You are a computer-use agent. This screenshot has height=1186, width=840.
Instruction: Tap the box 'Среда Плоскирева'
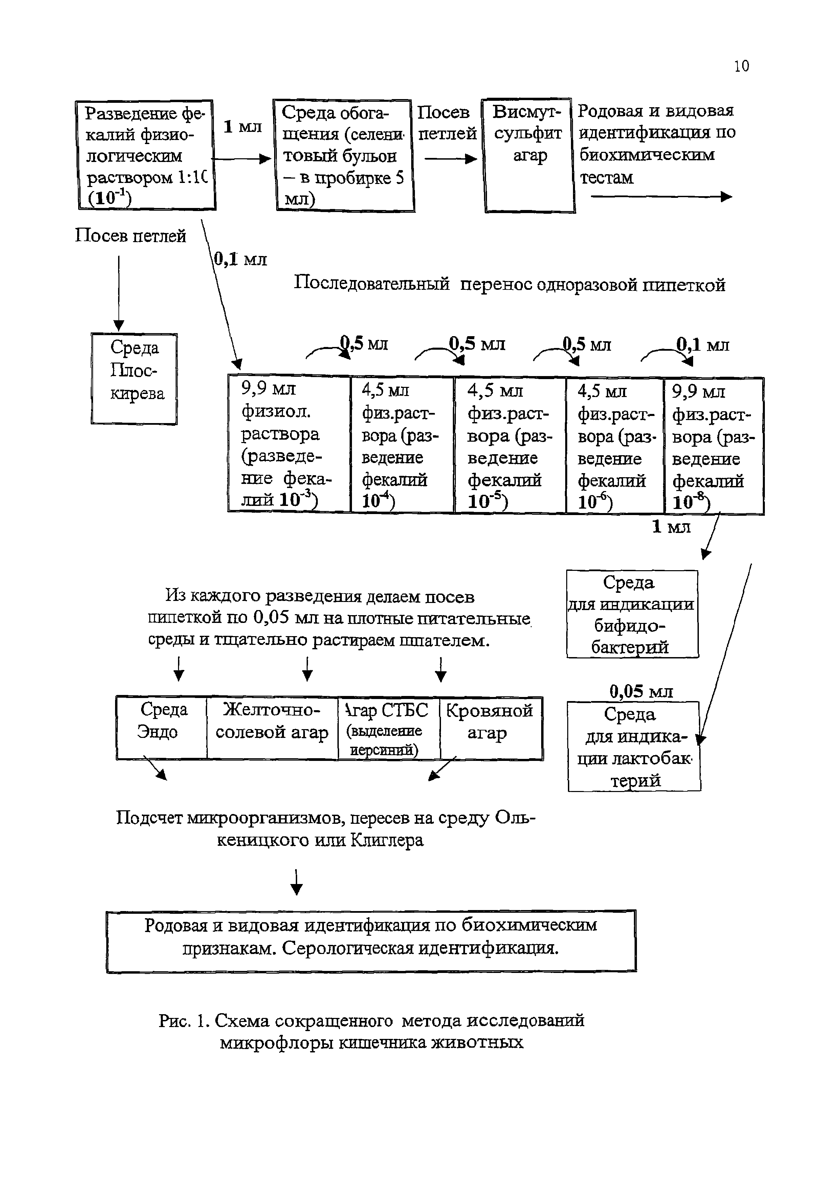click(134, 379)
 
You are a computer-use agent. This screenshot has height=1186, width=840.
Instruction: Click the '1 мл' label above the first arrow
click(243, 126)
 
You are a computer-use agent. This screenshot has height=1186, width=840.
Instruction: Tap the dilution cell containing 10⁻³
click(289, 444)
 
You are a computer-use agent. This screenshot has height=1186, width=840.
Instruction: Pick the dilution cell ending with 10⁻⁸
click(713, 445)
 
